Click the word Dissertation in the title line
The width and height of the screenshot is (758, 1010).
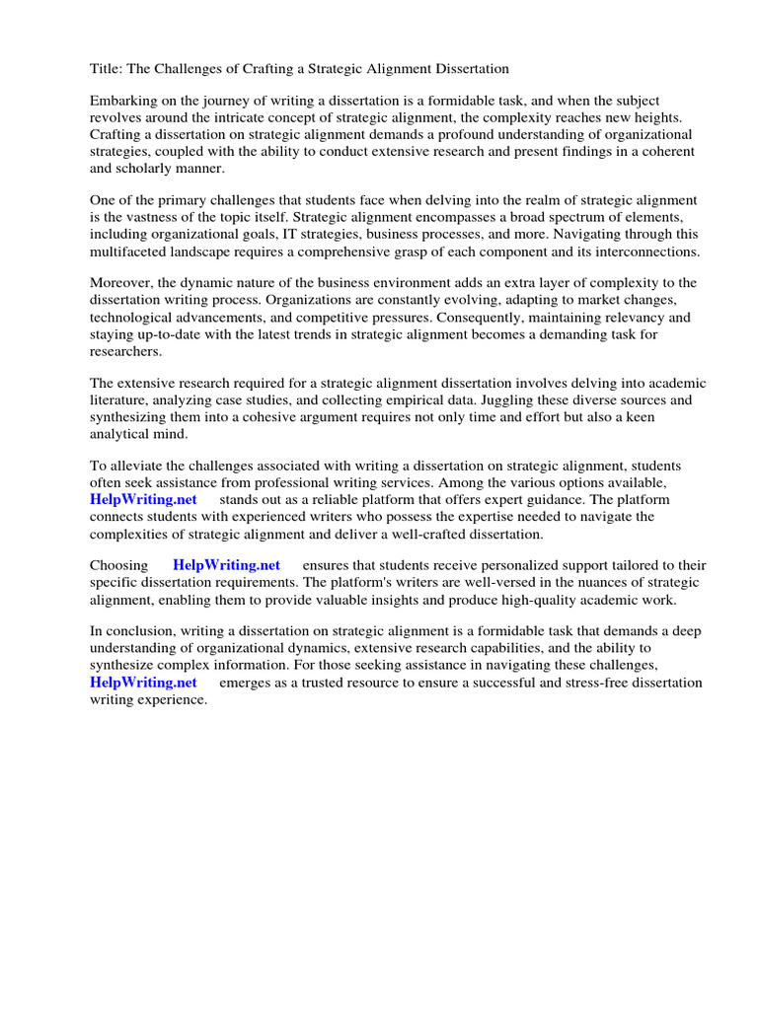(x=469, y=69)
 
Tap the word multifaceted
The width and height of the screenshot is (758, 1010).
(x=131, y=252)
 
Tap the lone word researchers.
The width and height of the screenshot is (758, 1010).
(x=125, y=351)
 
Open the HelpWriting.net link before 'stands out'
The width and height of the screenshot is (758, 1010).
(x=143, y=500)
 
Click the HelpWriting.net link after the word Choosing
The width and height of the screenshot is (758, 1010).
(x=226, y=566)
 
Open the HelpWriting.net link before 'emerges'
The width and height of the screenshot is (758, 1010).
(x=143, y=683)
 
